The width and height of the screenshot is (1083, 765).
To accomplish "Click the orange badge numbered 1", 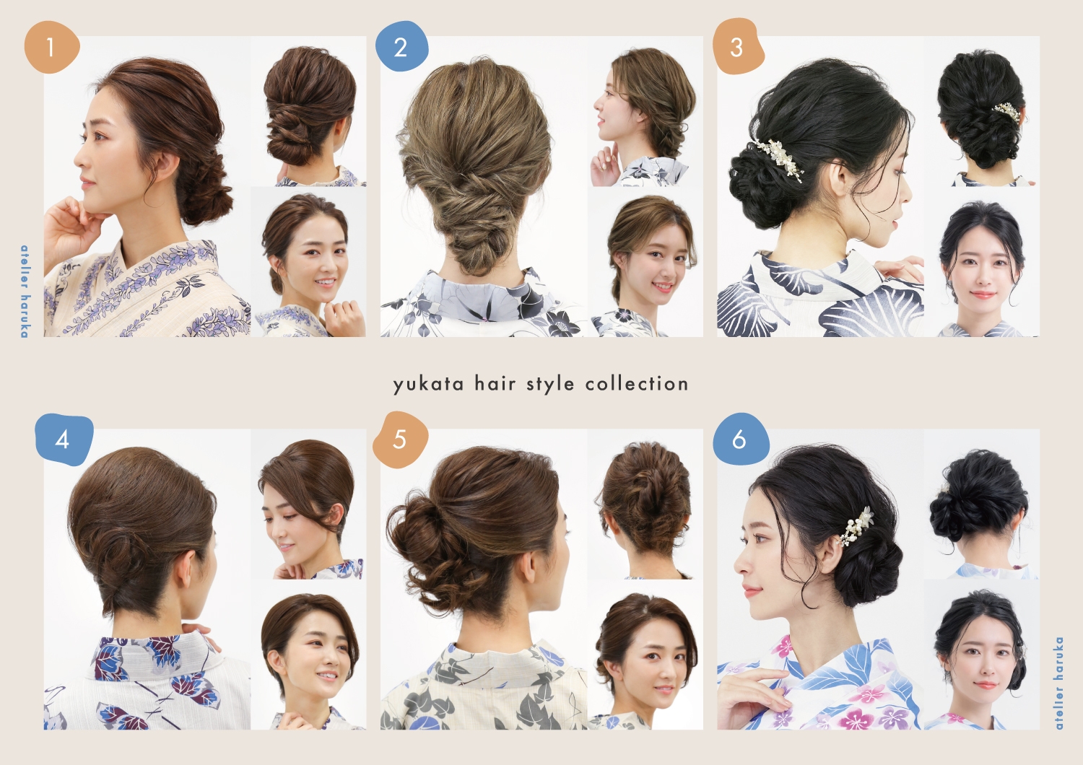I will click(x=51, y=48).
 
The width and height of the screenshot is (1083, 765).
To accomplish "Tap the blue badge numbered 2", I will click(x=401, y=48).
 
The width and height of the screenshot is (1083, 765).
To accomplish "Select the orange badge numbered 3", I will click(x=737, y=48).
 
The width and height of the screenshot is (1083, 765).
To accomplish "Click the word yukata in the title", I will click(x=428, y=384).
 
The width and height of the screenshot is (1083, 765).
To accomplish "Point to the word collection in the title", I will click(x=637, y=384).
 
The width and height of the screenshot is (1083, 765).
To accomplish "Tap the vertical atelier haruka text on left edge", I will click(x=25, y=291).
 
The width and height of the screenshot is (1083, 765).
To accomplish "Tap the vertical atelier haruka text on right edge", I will click(x=1058, y=682).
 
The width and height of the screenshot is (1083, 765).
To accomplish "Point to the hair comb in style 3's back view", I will click(x=1006, y=112).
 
